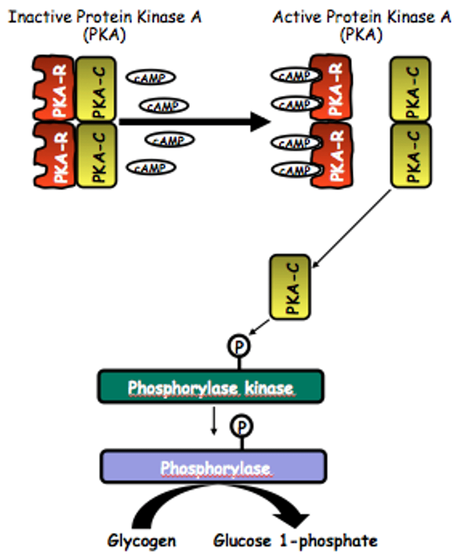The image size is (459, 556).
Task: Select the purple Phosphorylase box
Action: click(x=214, y=467)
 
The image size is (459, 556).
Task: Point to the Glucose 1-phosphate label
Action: click(x=295, y=540)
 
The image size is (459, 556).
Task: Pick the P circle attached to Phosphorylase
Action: click(x=240, y=425)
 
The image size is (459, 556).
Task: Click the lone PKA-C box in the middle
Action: click(x=290, y=287)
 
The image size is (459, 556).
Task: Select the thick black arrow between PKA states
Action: click(x=195, y=122)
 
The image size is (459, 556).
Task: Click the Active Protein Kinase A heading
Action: click(x=361, y=19)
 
